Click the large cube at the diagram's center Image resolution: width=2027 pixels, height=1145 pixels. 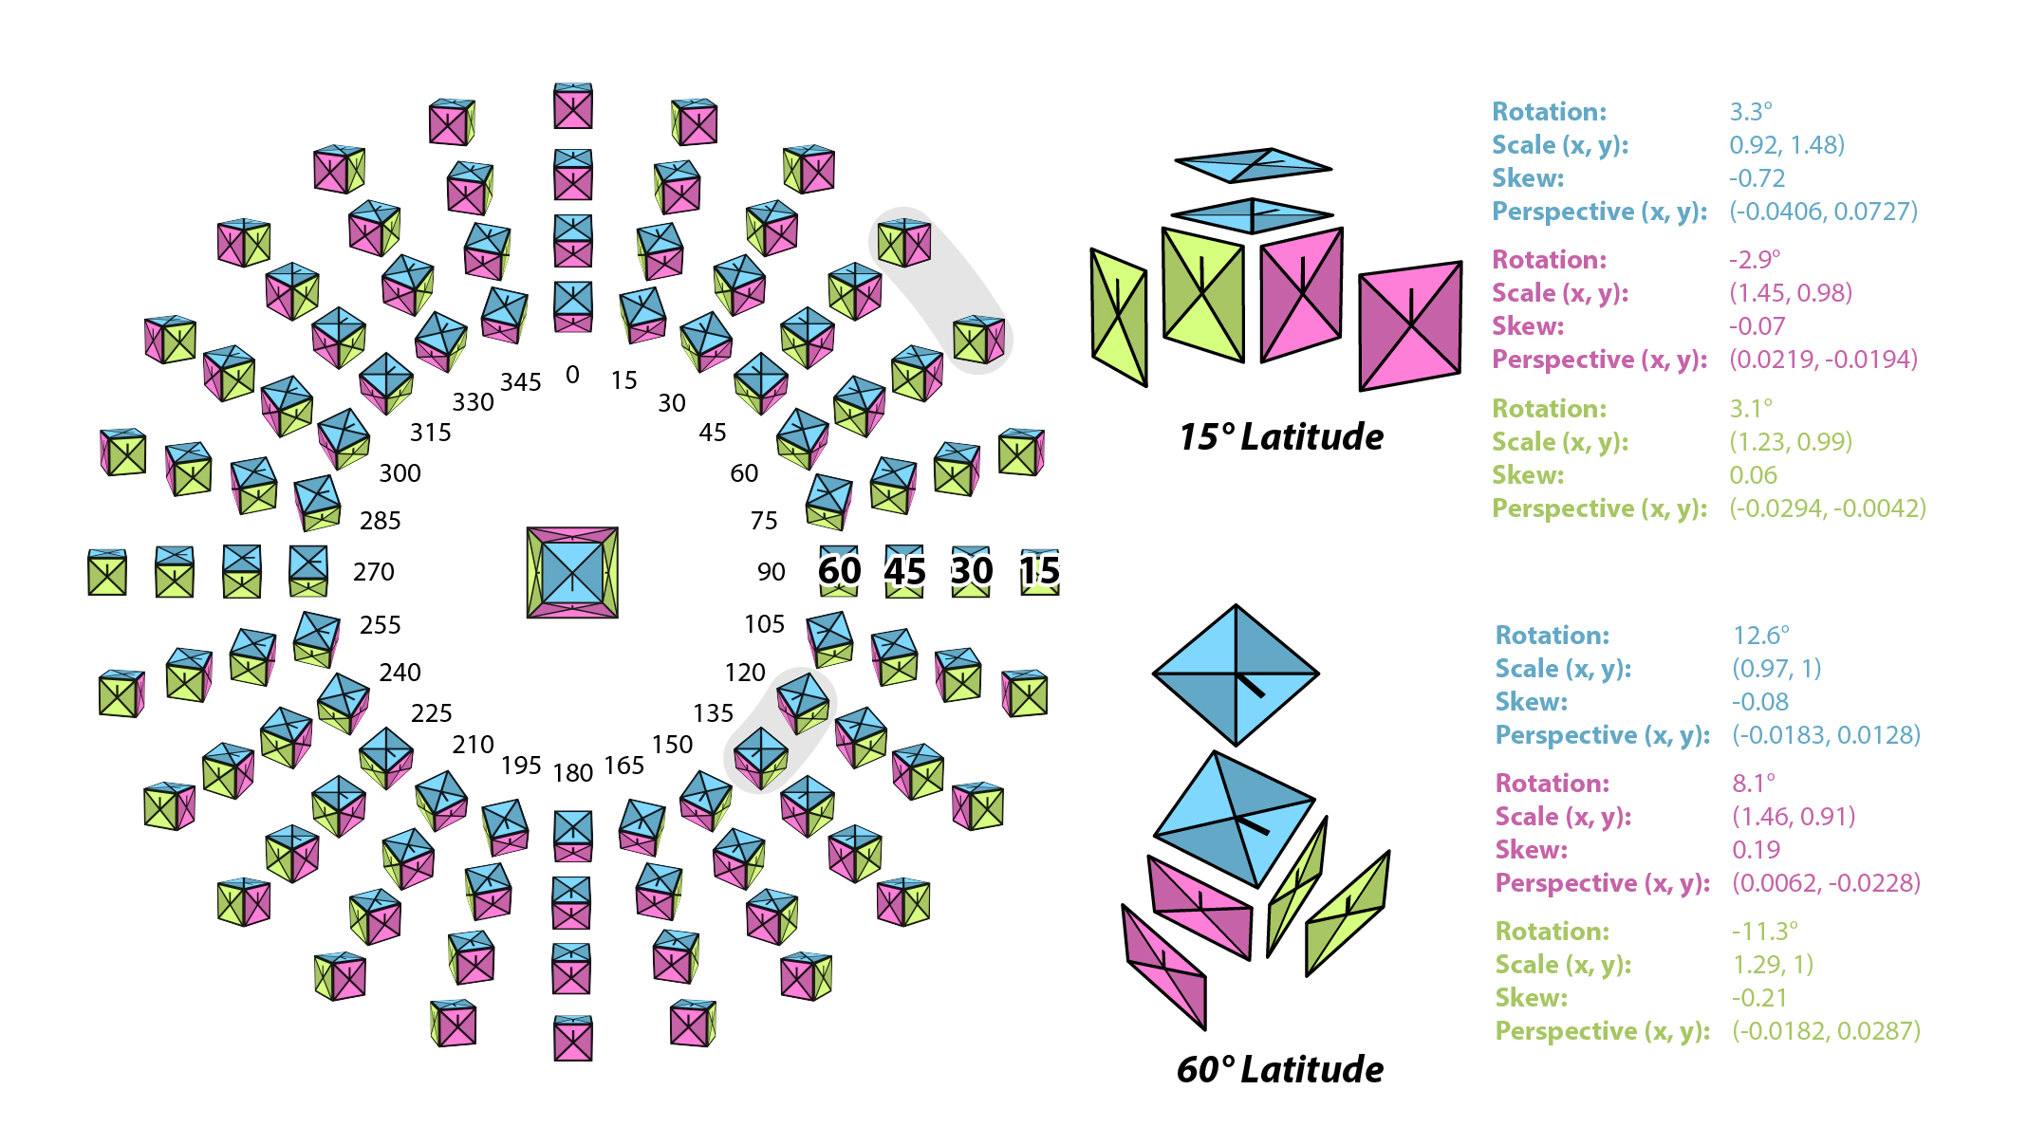(572, 572)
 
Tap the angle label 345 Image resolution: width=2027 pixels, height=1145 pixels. (521, 382)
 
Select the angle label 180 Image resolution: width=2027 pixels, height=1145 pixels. (573, 773)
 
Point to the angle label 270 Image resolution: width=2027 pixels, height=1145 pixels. (373, 572)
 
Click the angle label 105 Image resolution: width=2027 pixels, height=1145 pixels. (764, 624)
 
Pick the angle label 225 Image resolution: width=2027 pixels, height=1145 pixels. (431, 713)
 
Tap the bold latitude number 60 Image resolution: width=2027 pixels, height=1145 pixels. (839, 571)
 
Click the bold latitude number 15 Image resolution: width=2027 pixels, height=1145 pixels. (1039, 571)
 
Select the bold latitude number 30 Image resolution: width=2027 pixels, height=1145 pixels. (972, 571)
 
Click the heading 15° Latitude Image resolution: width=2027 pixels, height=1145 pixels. (1280, 437)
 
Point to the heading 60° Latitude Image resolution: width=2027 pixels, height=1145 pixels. (1279, 1069)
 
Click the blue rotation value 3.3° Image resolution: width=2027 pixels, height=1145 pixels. (1750, 112)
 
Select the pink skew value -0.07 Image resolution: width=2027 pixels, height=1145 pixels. (1757, 326)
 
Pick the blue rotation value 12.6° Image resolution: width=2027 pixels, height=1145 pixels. (1760, 636)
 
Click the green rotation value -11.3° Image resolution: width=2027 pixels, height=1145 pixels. (1764, 932)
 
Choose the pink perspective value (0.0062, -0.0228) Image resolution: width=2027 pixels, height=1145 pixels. (1826, 883)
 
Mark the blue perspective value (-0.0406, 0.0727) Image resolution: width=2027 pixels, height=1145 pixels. (1823, 212)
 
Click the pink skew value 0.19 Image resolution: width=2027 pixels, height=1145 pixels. (1756, 850)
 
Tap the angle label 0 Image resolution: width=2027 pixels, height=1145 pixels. (572, 375)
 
